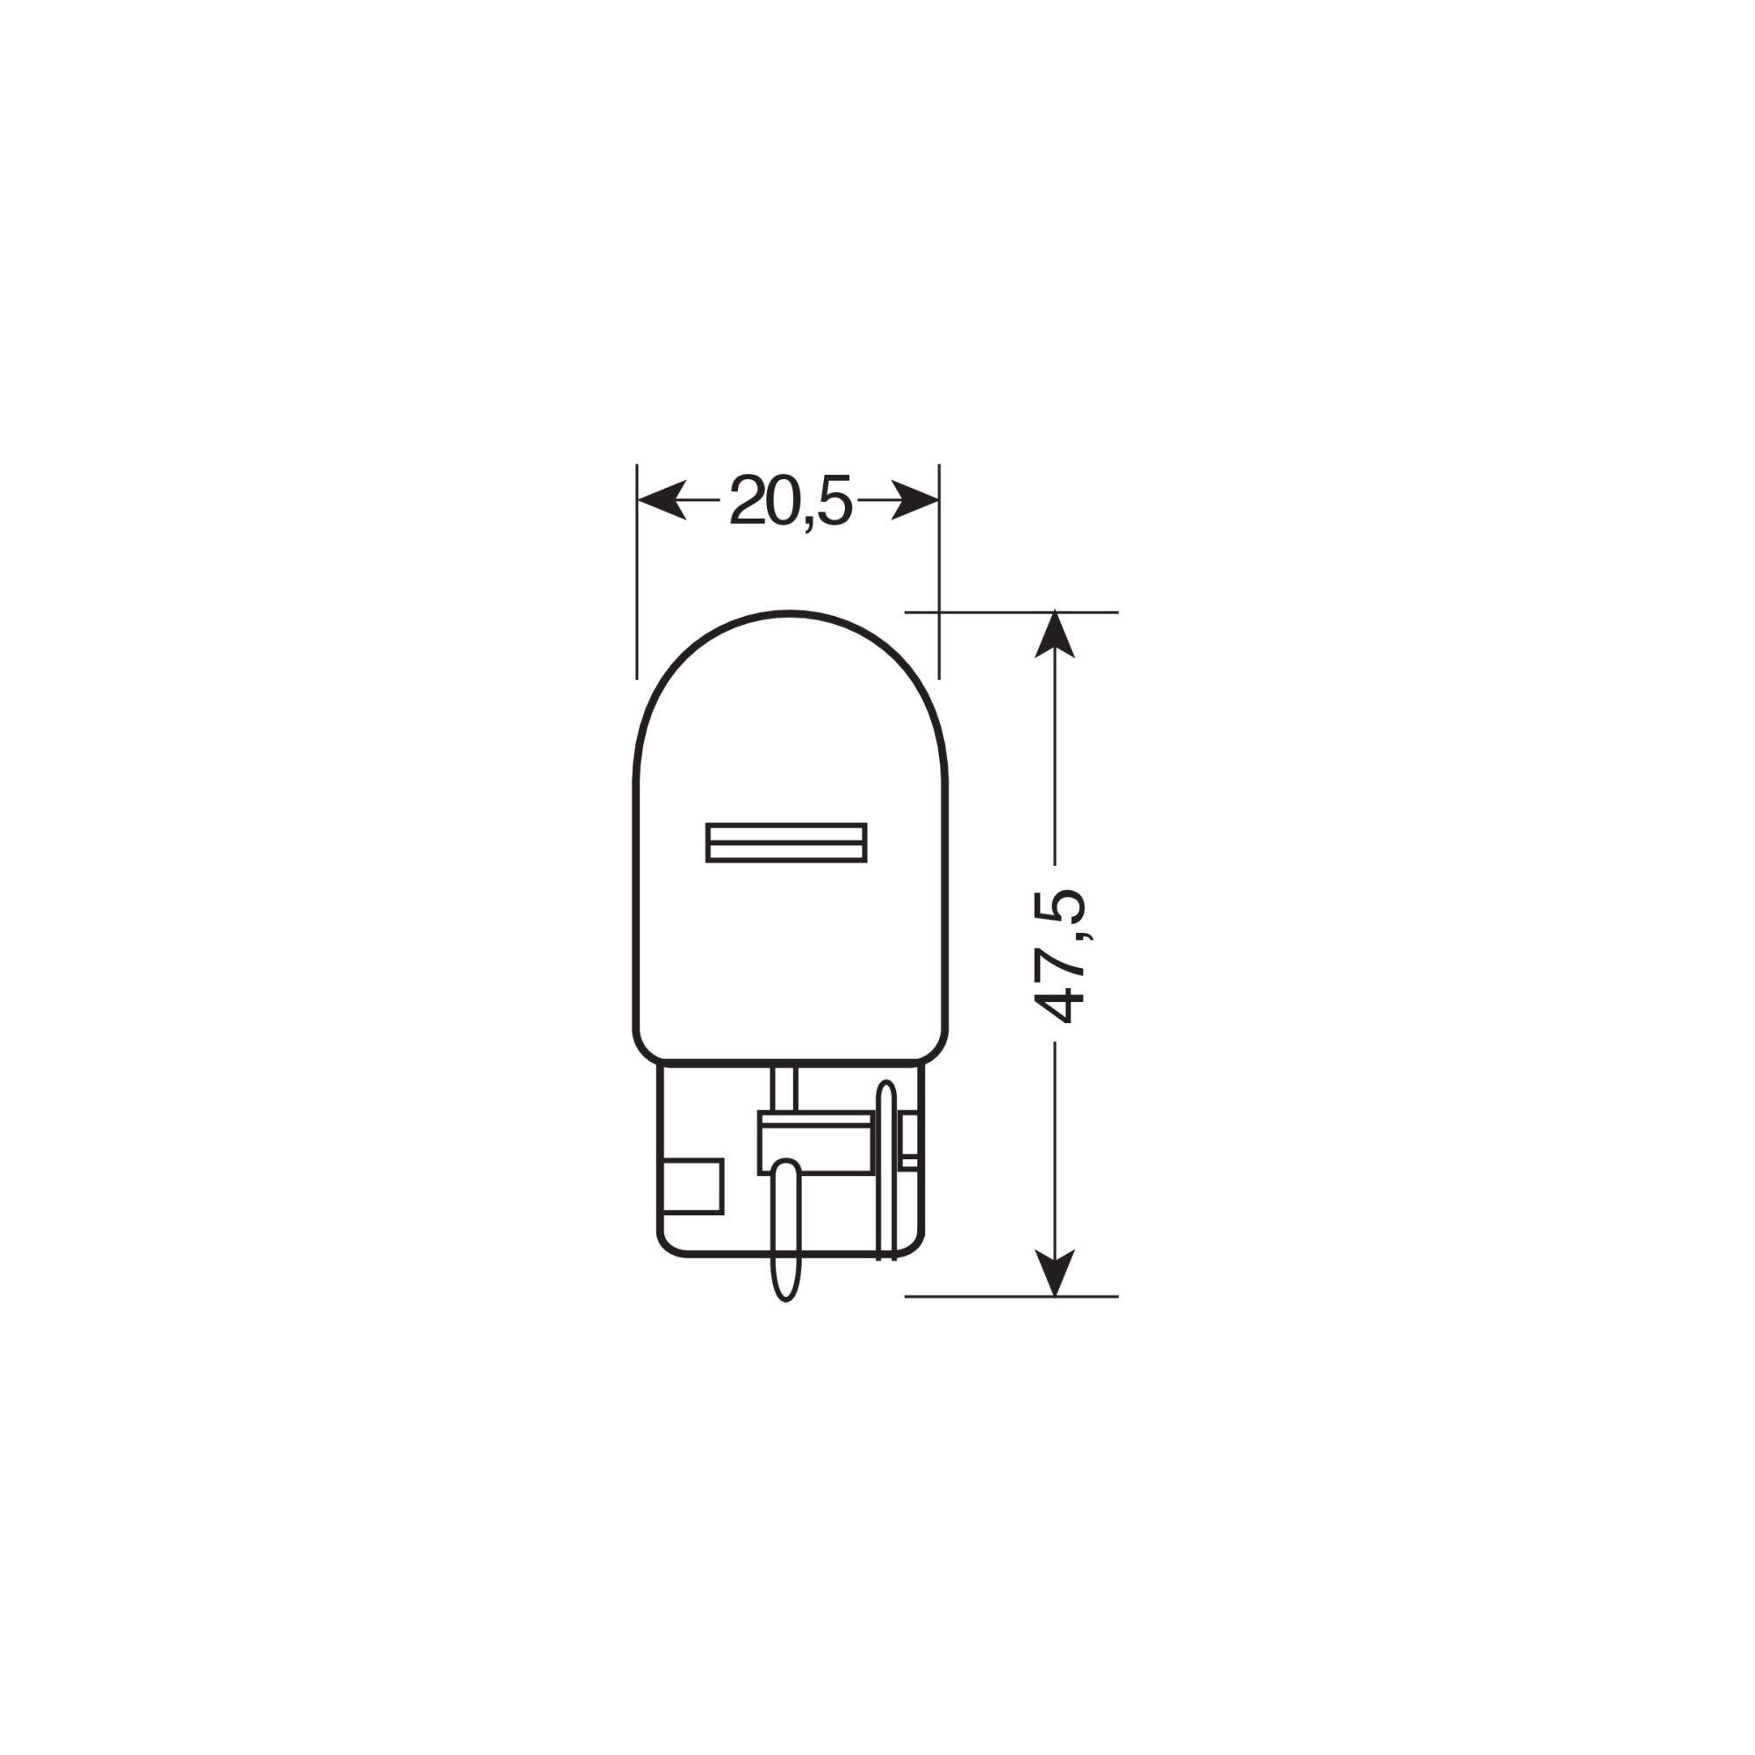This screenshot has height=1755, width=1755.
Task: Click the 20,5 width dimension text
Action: pos(791,501)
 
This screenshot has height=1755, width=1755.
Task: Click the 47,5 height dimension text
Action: pos(1059,955)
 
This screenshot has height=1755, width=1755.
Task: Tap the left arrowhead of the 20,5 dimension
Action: pos(662,500)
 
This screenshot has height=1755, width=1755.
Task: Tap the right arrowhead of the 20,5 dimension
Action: pos(914,500)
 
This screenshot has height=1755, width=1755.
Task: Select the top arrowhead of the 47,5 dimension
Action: pos(1055,635)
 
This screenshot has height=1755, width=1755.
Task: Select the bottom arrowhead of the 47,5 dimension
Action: pos(1055,1272)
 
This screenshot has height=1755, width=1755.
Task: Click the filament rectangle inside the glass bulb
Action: pos(786,842)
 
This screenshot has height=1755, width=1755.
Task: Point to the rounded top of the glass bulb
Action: pos(791,612)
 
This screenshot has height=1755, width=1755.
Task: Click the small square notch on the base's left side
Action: pos(694,1186)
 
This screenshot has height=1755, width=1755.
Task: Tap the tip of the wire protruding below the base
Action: pos(784,1299)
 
